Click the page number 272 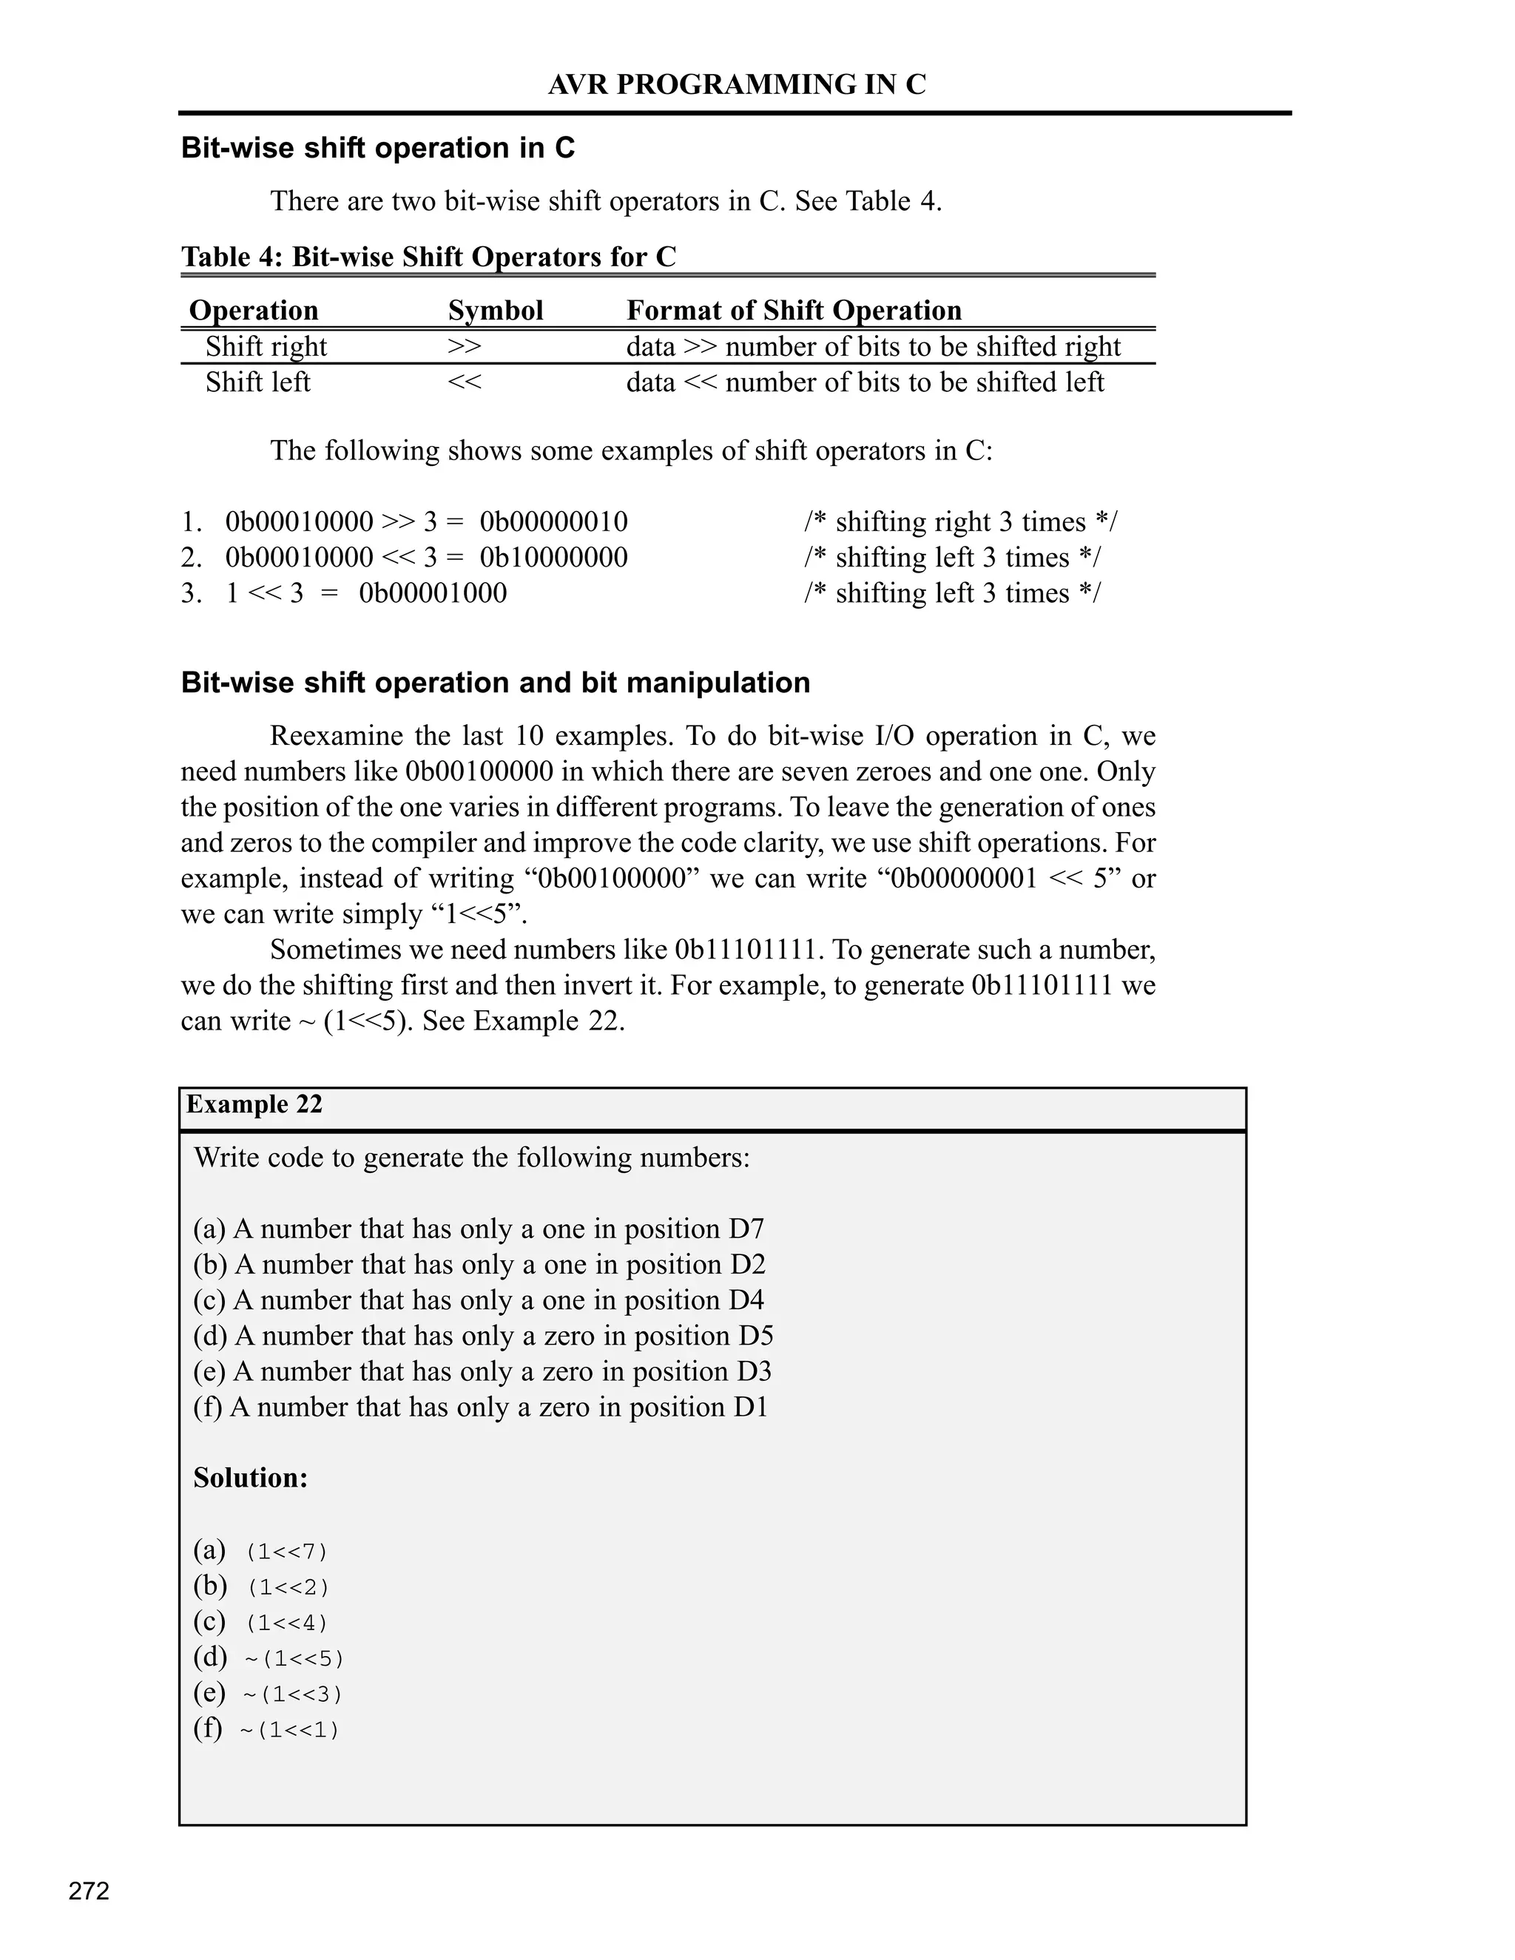(x=89, y=1891)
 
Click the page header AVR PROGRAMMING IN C (x=736, y=84)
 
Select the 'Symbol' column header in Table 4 (x=496, y=311)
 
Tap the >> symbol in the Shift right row (x=464, y=346)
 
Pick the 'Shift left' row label (x=257, y=382)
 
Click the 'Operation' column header (x=254, y=311)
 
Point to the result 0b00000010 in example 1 (x=554, y=521)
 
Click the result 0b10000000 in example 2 (x=554, y=558)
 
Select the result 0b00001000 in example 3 (x=433, y=593)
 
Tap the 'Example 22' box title (x=254, y=1104)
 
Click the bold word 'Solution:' (x=251, y=1478)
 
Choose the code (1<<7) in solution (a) (x=287, y=1552)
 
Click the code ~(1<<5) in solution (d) (x=294, y=1658)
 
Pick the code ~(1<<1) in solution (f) (x=290, y=1730)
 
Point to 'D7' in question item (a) (x=746, y=1229)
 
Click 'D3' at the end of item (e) (x=754, y=1371)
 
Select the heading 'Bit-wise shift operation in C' (x=378, y=148)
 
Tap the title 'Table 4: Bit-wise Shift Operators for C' (x=428, y=257)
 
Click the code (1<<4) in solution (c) (x=287, y=1623)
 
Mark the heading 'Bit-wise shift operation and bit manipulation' (x=496, y=683)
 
